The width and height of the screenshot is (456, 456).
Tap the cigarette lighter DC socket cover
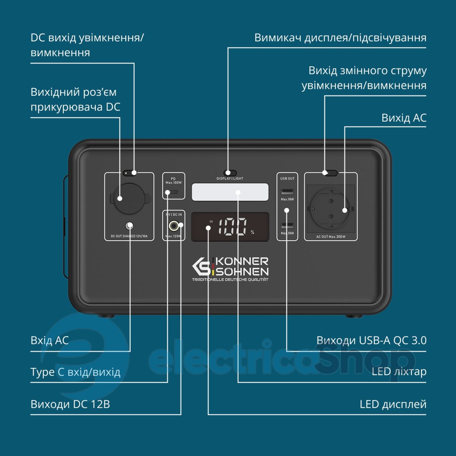click(x=130, y=198)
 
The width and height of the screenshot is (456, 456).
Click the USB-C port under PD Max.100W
click(x=174, y=192)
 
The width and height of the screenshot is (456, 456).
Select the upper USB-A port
click(x=287, y=192)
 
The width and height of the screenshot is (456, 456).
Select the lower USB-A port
click(x=287, y=225)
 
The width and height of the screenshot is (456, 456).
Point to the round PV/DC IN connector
click(x=174, y=226)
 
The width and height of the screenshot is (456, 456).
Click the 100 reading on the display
click(x=233, y=227)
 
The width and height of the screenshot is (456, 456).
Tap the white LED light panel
click(x=230, y=192)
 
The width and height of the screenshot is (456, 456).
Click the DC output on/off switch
click(x=130, y=173)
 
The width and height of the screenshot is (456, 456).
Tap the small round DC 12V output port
click(x=130, y=225)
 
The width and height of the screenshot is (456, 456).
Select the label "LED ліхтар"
click(x=399, y=372)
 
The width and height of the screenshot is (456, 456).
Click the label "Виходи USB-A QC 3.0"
click(x=371, y=340)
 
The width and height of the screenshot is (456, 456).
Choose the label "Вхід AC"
click(x=49, y=340)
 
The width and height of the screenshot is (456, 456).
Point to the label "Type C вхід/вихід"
click(x=75, y=372)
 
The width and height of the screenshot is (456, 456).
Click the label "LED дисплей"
click(x=393, y=404)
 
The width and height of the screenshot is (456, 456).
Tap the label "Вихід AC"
click(x=404, y=118)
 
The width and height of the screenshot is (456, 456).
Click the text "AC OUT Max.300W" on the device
click(x=331, y=237)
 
